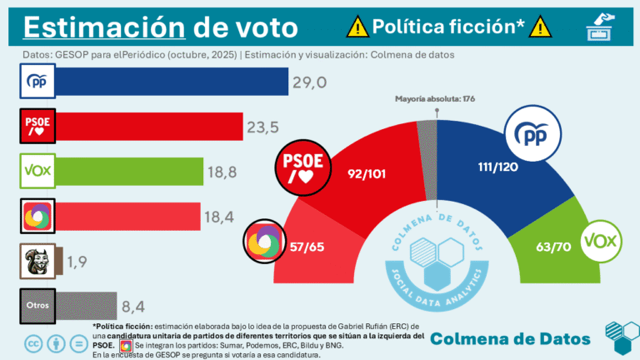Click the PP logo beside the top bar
pos(37,82)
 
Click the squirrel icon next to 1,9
pos(37,262)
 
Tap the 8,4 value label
pos(137,306)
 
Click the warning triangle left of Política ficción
pos(357,27)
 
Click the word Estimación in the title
pos(102,27)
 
